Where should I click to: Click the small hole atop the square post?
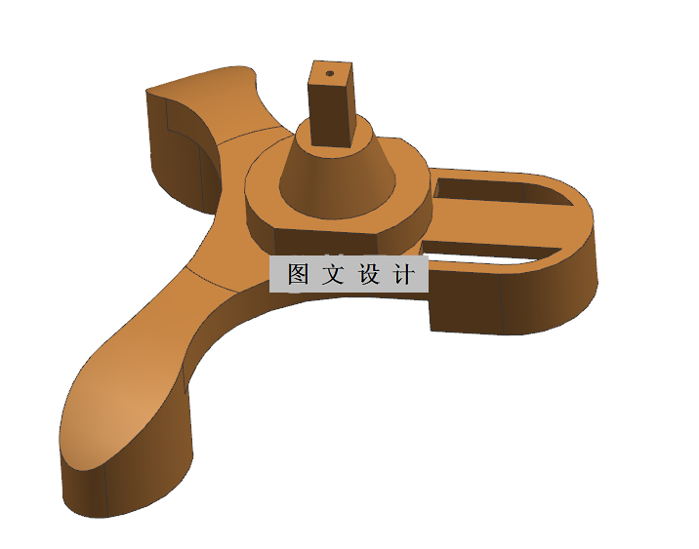click(329, 72)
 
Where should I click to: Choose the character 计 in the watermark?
click(403, 274)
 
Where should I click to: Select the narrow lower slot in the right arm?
click(488, 256)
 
